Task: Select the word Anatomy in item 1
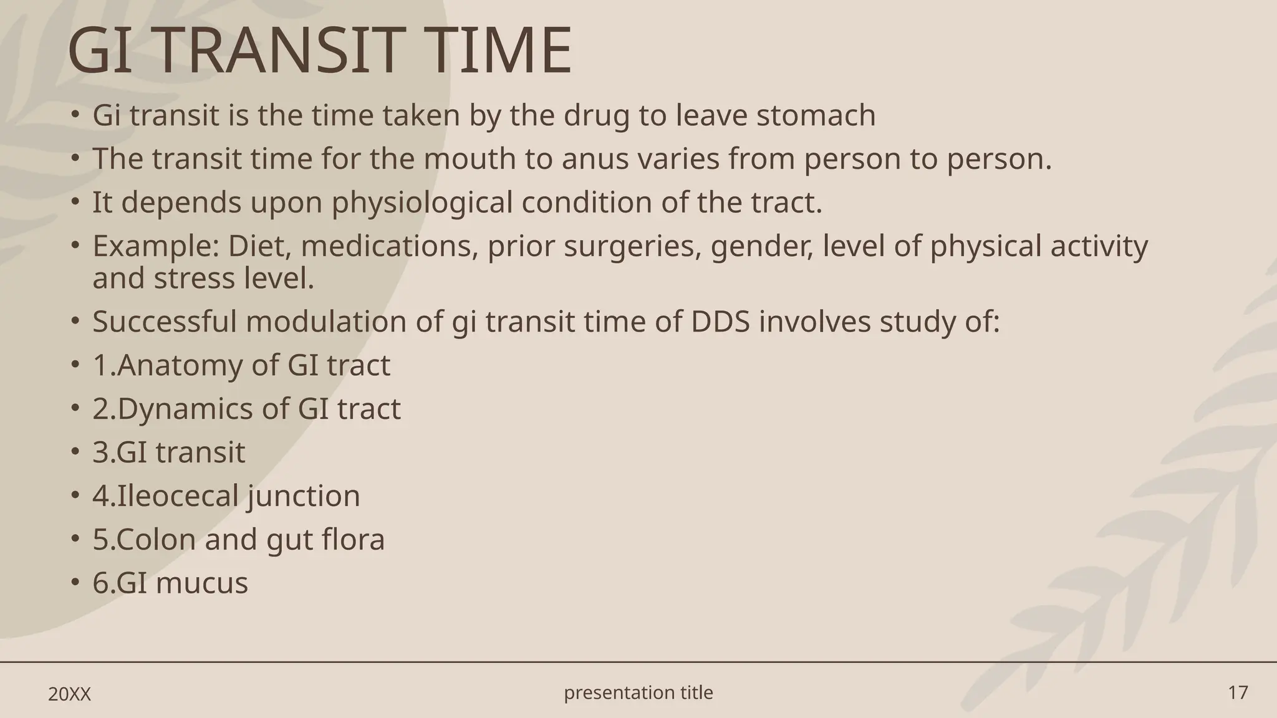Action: point(179,366)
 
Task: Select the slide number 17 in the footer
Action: point(1238,692)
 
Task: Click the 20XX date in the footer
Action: point(69,694)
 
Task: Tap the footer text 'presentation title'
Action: point(638,692)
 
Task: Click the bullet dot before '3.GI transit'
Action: point(75,451)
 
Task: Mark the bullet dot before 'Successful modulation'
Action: point(75,321)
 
